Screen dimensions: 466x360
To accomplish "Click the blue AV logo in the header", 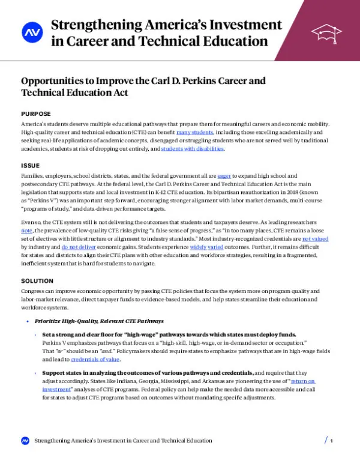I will pos(30,33).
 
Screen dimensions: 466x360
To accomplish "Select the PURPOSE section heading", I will pos(36,114).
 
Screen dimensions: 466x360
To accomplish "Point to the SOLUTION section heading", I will pos(38,280).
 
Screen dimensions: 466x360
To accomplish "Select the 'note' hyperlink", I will pos(26,230).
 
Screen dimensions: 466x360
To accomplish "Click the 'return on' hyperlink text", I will pos(302,381).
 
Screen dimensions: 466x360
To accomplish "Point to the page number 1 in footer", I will pos(331,441).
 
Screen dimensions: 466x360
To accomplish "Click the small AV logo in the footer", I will pos(25,441).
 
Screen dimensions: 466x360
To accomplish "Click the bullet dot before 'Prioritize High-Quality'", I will pos(28,321).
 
